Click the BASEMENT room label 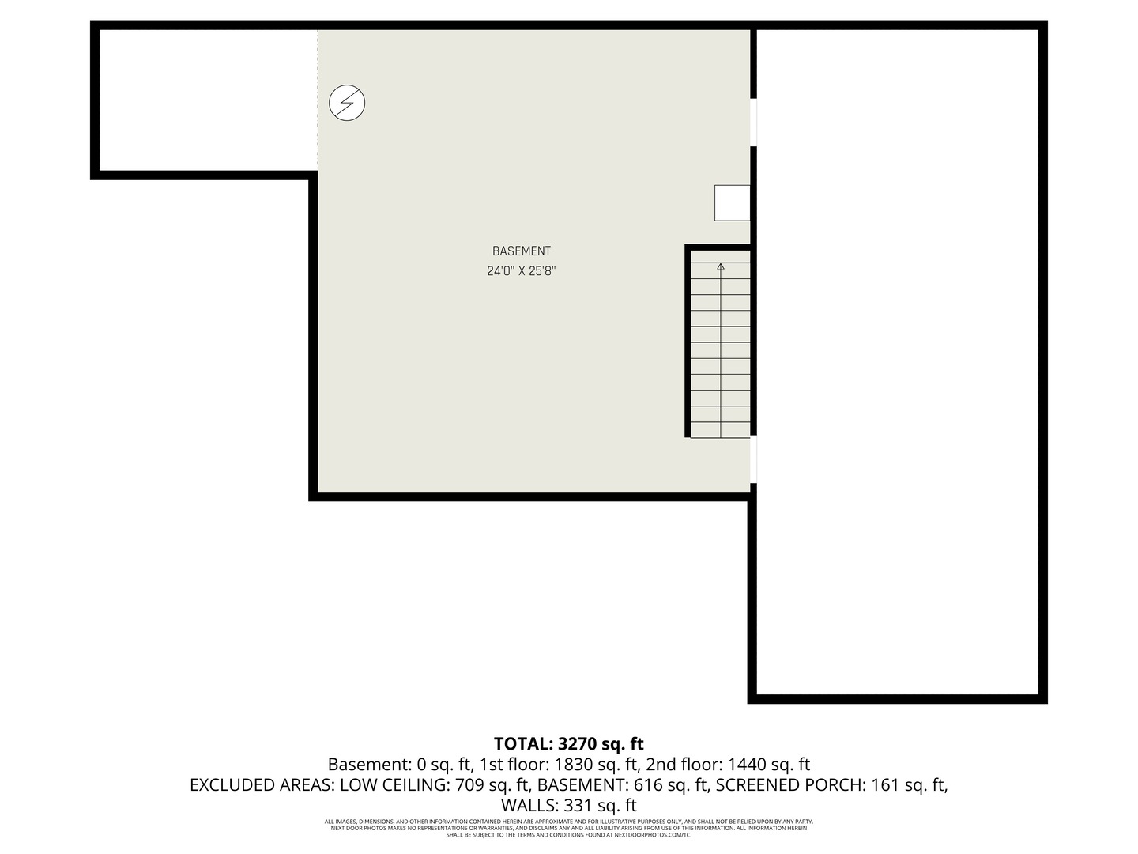pos(521,251)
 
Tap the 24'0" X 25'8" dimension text pos(521,271)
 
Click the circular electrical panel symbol pos(347,103)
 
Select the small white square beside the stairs pos(732,202)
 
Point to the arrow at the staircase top pos(721,266)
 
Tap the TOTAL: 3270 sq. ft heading pos(569,744)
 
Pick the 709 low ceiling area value pos(471,785)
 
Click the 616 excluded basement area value pos(650,785)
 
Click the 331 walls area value pos(578,806)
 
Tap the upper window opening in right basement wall pos(754,123)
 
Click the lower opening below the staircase pos(754,459)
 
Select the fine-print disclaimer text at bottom pos(569,828)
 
